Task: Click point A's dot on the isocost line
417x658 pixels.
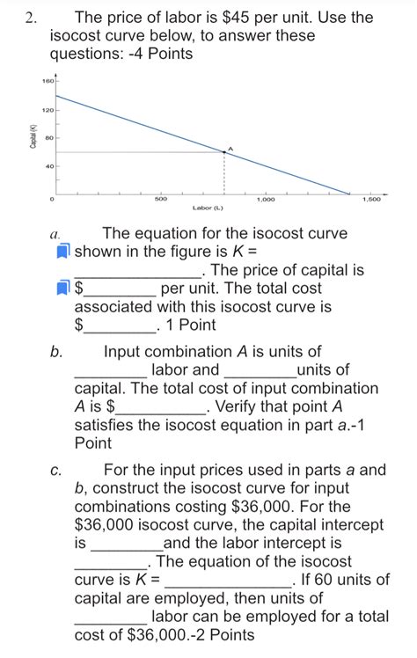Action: pyautogui.click(x=224, y=152)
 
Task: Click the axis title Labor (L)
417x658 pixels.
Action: pyautogui.click(x=207, y=208)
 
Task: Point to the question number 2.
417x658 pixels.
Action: pyautogui.click(x=34, y=17)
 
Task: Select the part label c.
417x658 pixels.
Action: pyautogui.click(x=55, y=470)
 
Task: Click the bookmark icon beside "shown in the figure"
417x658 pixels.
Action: pyautogui.click(x=62, y=252)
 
